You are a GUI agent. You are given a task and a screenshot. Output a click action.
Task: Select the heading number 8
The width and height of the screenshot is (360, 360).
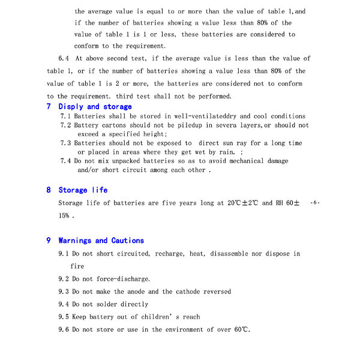pos(49,190)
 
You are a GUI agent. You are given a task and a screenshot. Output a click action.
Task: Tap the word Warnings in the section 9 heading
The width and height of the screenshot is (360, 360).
pos(75,240)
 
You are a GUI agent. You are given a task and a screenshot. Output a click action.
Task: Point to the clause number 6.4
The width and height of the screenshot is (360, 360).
pos(64,58)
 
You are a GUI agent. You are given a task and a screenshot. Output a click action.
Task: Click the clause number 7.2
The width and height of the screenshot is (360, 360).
pos(65,125)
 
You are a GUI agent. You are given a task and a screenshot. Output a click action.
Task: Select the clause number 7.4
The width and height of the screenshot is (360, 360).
pos(65,161)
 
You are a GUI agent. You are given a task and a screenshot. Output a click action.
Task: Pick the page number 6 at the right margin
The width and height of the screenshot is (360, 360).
pos(316,203)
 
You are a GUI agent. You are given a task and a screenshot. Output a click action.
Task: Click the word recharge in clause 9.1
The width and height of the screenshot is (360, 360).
pos(170,254)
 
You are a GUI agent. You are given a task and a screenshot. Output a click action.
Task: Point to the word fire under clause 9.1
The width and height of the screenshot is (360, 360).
pos(77,266)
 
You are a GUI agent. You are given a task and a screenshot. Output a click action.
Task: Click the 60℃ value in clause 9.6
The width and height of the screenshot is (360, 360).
pos(241,329)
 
